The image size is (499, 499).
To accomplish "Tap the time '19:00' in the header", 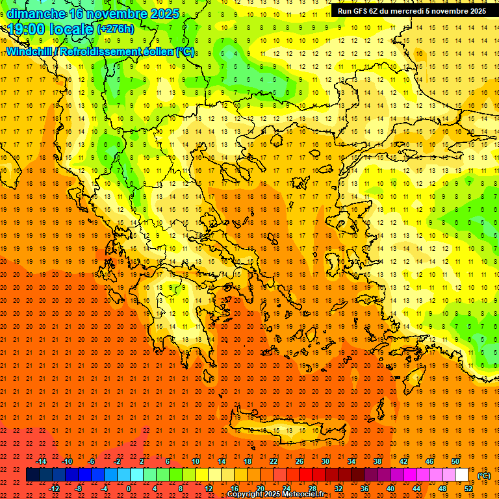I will [27, 29].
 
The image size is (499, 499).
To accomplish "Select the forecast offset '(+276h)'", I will [115, 29].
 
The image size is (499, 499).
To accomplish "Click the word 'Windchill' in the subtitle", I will [29, 51].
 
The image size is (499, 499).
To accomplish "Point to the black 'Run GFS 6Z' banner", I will [413, 11].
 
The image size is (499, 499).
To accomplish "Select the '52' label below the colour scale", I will [468, 489].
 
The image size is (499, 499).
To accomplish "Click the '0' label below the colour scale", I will [129, 489].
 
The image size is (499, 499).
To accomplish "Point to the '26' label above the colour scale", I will [300, 461].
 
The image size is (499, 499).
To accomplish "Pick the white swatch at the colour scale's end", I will [462, 475].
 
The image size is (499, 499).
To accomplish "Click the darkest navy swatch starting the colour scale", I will [32, 475].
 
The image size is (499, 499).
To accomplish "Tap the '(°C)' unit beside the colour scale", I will [484, 476].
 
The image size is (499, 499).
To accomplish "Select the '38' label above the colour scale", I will [377, 461].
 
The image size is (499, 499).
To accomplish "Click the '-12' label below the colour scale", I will [54, 489].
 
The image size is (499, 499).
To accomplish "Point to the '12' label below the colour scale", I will [209, 489].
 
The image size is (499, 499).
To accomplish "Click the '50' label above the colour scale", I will [455, 461].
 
